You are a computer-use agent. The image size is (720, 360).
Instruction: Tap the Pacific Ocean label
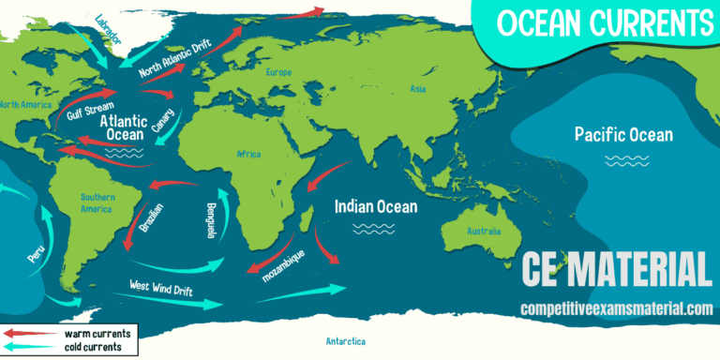tap(623, 135)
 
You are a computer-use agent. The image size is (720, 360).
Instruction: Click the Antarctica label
tap(345, 340)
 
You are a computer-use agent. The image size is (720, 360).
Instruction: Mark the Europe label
tap(279, 72)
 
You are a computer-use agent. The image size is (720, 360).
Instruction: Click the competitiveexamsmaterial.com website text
tap(617, 307)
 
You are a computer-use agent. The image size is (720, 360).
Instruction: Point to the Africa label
tap(248, 153)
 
